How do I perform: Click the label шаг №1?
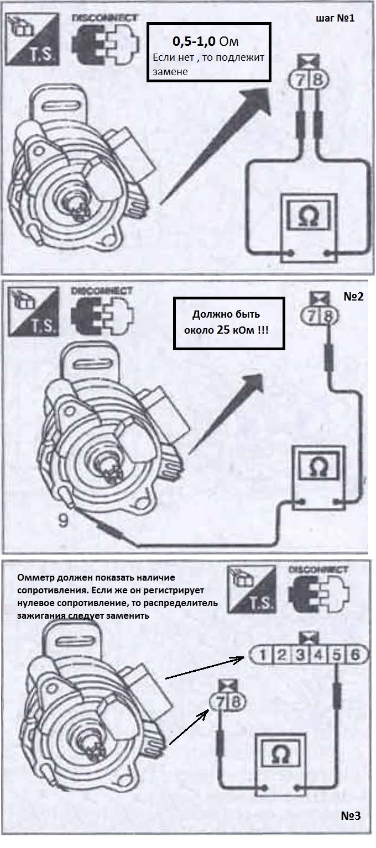[x=335, y=18]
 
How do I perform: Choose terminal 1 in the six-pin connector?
[x=265, y=656]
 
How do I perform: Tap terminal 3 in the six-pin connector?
[x=301, y=656]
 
